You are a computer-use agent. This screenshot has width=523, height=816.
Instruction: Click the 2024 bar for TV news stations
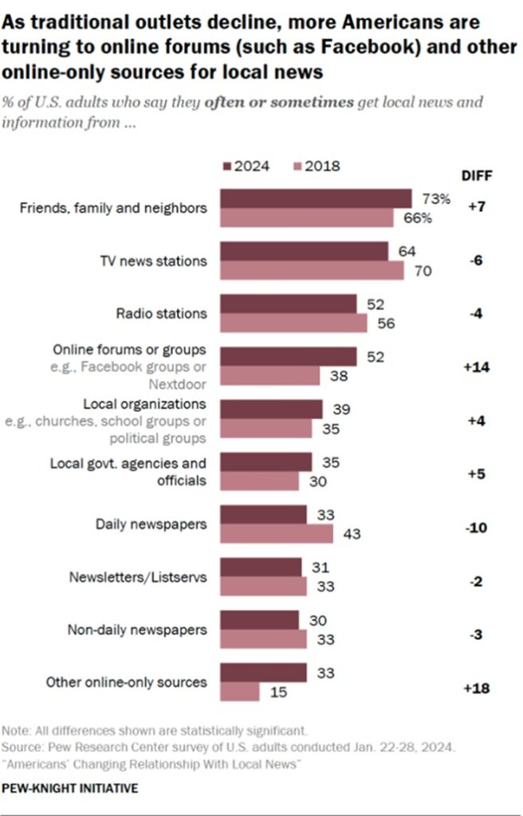[304, 252]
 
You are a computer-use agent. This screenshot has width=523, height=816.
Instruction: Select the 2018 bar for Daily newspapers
[276, 533]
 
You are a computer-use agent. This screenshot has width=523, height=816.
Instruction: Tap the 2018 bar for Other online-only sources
[239, 691]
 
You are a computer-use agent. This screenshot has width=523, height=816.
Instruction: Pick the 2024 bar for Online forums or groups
[288, 357]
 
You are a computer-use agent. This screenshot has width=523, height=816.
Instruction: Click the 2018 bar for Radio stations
[293, 322]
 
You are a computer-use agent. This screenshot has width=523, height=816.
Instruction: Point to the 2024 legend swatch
[226, 167]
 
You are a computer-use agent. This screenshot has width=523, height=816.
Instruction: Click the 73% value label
[431, 198]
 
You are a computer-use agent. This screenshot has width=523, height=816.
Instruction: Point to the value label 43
[351, 534]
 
